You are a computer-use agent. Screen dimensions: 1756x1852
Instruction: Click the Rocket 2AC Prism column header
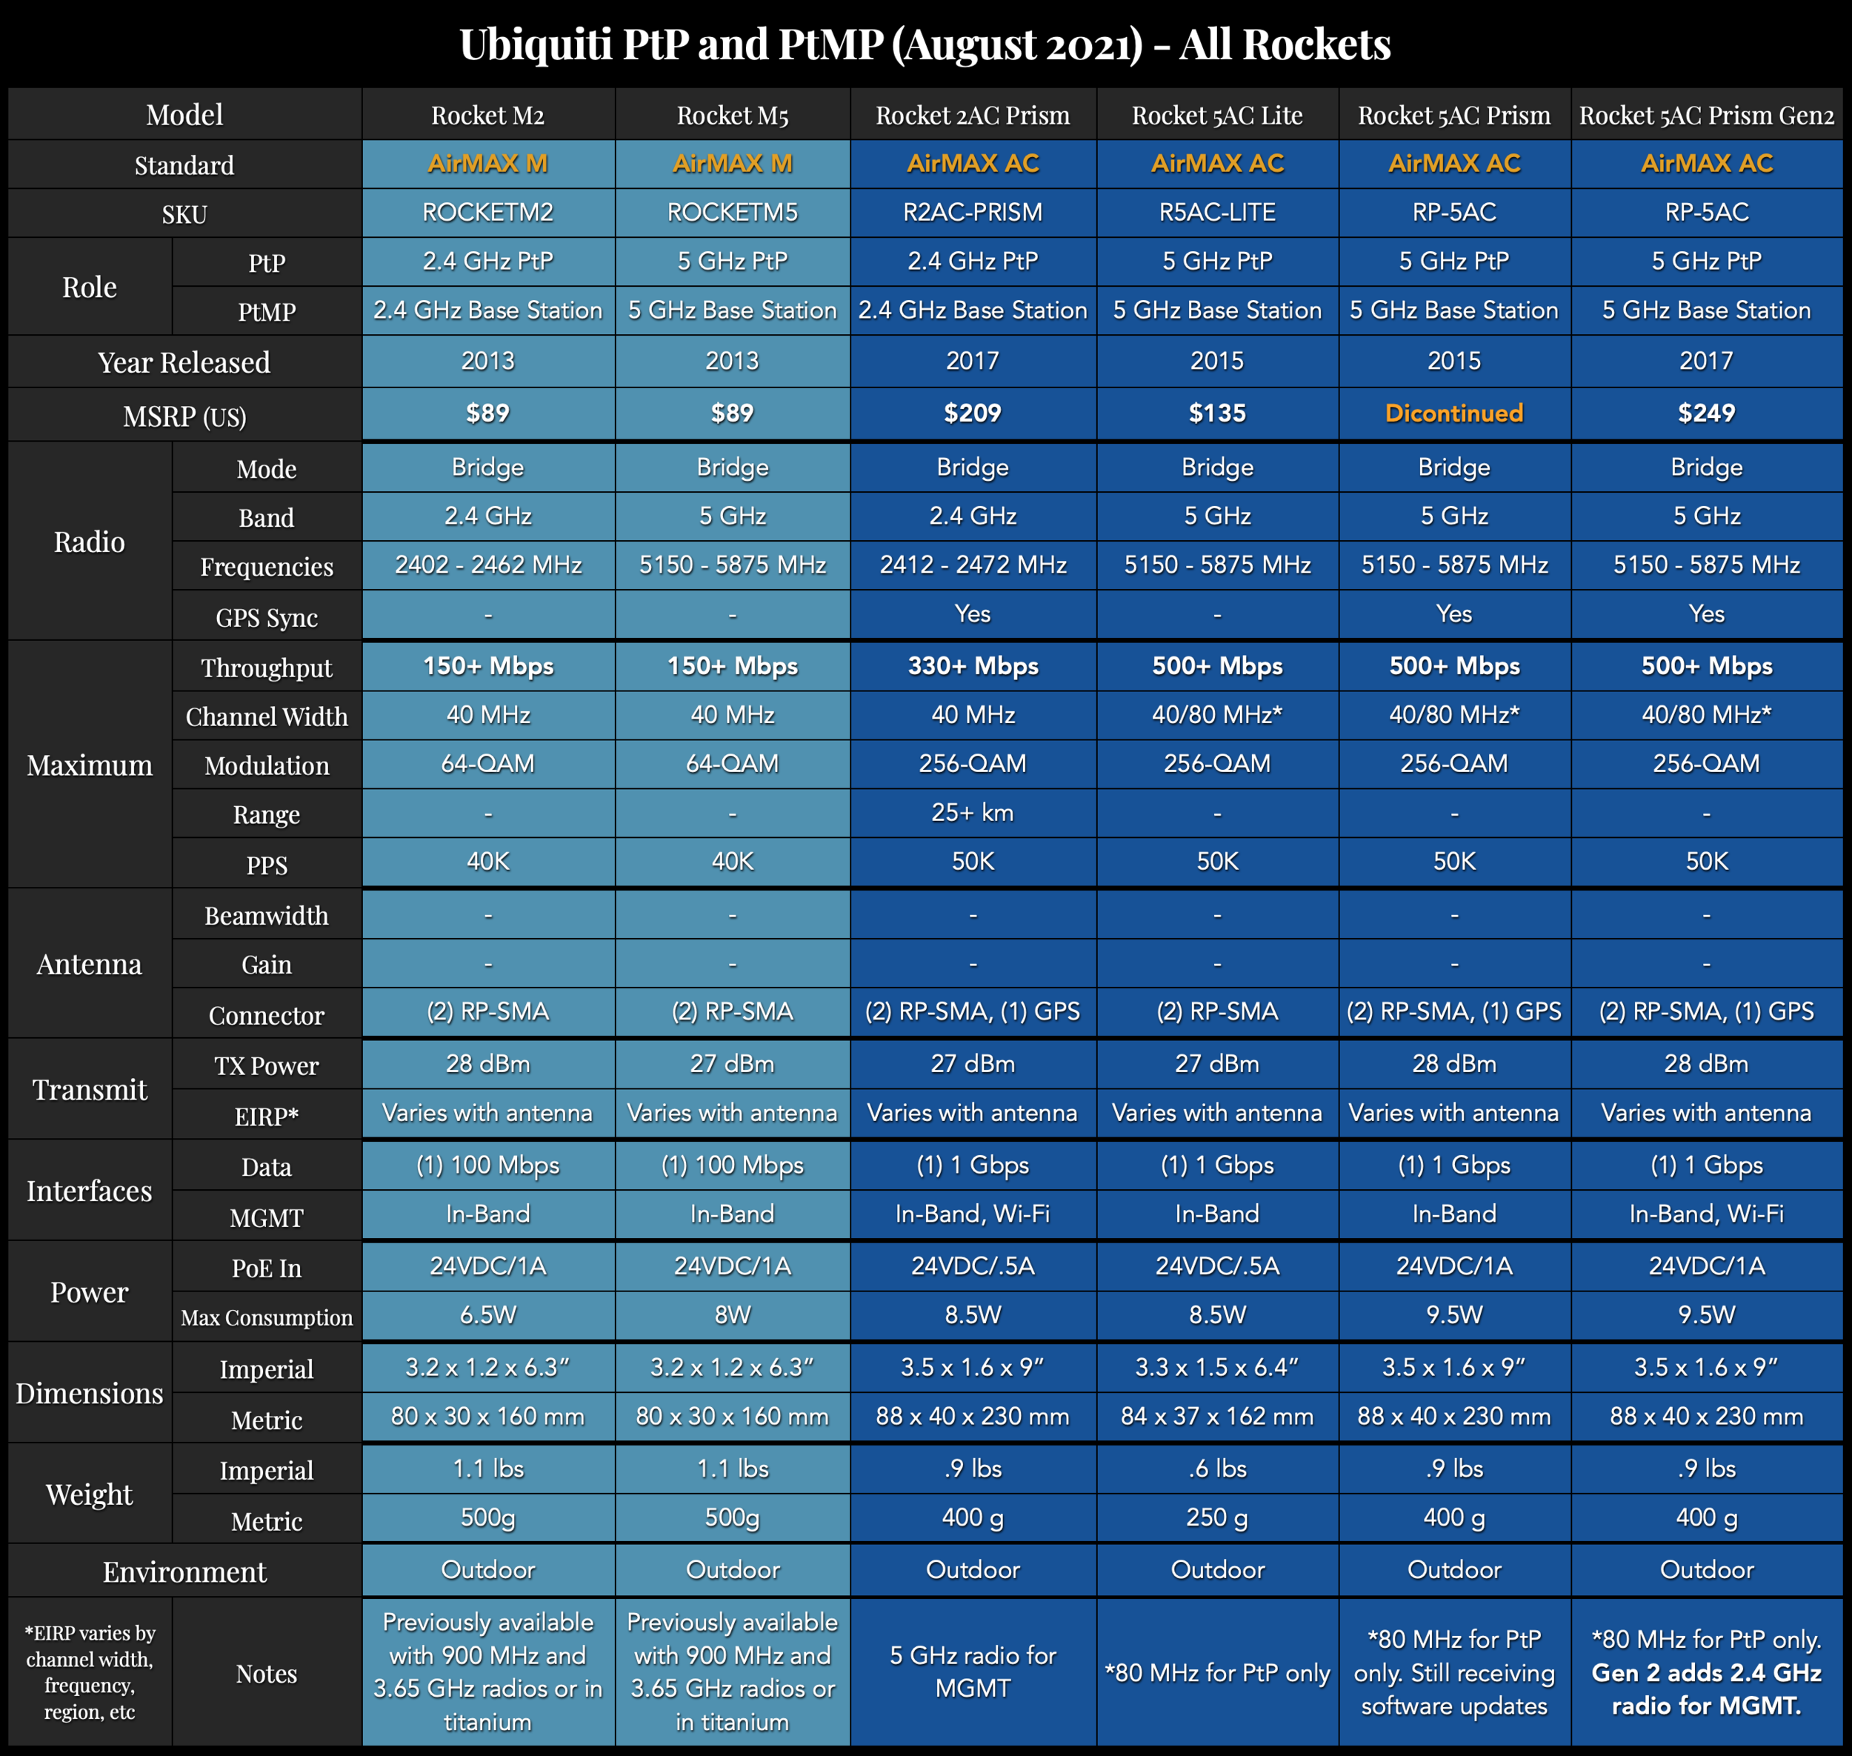(x=973, y=115)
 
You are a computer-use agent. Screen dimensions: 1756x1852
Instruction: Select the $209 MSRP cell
(x=973, y=413)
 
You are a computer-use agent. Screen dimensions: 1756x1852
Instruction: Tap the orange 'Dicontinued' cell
(x=1453, y=413)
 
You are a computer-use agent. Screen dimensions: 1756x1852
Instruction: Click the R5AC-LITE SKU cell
(x=1216, y=213)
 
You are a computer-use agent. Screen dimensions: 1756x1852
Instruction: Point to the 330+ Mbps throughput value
(x=973, y=665)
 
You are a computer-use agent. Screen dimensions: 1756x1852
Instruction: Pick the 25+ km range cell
(x=973, y=813)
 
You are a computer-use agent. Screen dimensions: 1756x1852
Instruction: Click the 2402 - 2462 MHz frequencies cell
(x=487, y=565)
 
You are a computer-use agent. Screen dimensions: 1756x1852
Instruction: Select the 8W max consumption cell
(x=732, y=1315)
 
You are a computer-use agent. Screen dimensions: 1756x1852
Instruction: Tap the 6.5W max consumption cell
(x=487, y=1315)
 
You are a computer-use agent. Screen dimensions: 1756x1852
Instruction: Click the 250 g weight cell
(x=1216, y=1517)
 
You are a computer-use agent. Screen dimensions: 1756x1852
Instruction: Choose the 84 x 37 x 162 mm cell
(x=1216, y=1416)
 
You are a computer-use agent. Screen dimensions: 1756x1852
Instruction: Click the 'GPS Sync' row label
(x=267, y=618)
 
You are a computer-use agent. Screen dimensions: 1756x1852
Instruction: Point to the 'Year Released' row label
(x=184, y=362)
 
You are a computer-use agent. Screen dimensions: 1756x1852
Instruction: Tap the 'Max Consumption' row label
(x=267, y=1318)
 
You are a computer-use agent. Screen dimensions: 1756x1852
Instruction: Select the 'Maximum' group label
(x=90, y=765)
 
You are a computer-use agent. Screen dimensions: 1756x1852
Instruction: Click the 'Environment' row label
(x=184, y=1572)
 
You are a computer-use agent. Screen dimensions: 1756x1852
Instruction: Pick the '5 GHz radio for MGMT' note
(x=973, y=1672)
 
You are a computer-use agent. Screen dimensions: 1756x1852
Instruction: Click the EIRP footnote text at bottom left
(x=90, y=1672)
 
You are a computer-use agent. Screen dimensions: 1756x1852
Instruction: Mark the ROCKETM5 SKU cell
(x=732, y=213)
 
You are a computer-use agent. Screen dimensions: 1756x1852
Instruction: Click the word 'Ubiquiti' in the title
(x=536, y=44)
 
